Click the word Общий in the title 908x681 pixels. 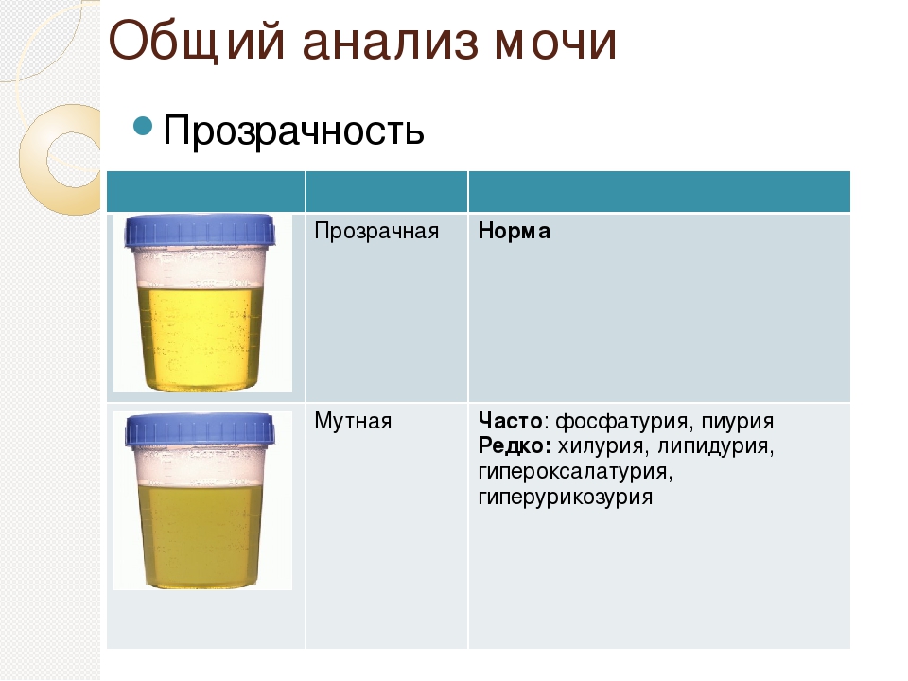click(197, 42)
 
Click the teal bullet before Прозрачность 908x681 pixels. click(143, 125)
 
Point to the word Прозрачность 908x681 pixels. click(293, 130)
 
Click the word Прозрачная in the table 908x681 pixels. click(376, 232)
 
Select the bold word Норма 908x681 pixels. click(515, 231)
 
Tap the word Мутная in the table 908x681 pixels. click(353, 421)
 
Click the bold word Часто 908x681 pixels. click(510, 421)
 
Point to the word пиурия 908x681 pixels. click(737, 422)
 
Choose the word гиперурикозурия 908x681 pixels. click(566, 498)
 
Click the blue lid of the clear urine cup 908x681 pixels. click(200, 231)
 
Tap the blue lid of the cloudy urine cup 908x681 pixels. click(200, 429)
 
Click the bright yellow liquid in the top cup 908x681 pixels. click(200, 336)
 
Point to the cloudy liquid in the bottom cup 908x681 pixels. click(200, 535)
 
